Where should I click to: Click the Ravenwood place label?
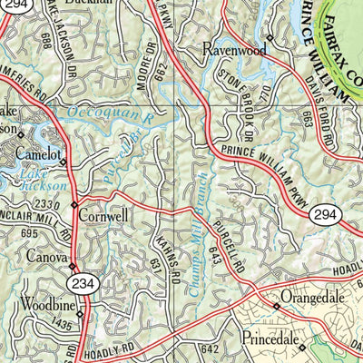pyautogui.click(x=234, y=49)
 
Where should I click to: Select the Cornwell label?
pyautogui.click(x=105, y=216)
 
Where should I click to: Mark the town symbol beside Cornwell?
pyautogui.click(x=74, y=217)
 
